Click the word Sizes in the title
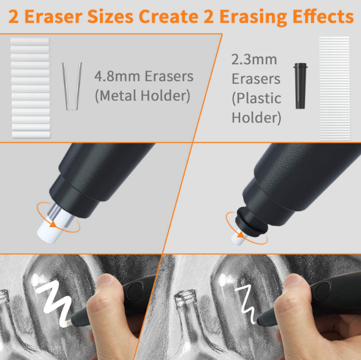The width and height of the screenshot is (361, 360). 110,16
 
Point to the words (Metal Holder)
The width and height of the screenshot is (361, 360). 142,96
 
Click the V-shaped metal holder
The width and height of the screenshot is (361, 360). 71,86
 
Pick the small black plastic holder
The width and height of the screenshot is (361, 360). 299,85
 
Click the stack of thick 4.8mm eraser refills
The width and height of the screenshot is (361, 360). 30,88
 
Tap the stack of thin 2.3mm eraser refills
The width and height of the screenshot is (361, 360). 334,88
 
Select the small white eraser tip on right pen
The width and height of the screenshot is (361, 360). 238,238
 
